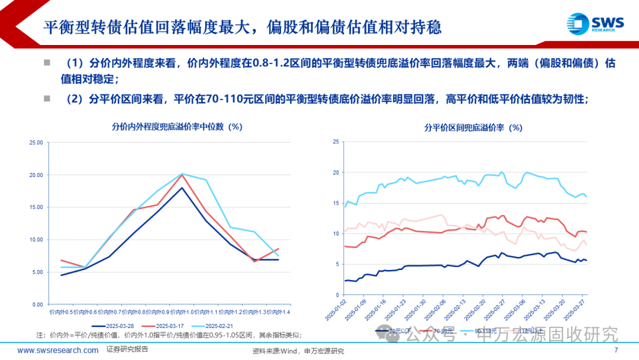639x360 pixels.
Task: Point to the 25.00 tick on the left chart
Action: click(x=36, y=143)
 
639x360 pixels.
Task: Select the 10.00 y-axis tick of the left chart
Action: click(x=36, y=240)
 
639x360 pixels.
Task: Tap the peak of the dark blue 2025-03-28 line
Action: click(x=182, y=188)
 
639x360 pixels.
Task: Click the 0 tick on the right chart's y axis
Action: click(x=335, y=295)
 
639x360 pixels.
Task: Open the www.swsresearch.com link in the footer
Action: click(x=58, y=351)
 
